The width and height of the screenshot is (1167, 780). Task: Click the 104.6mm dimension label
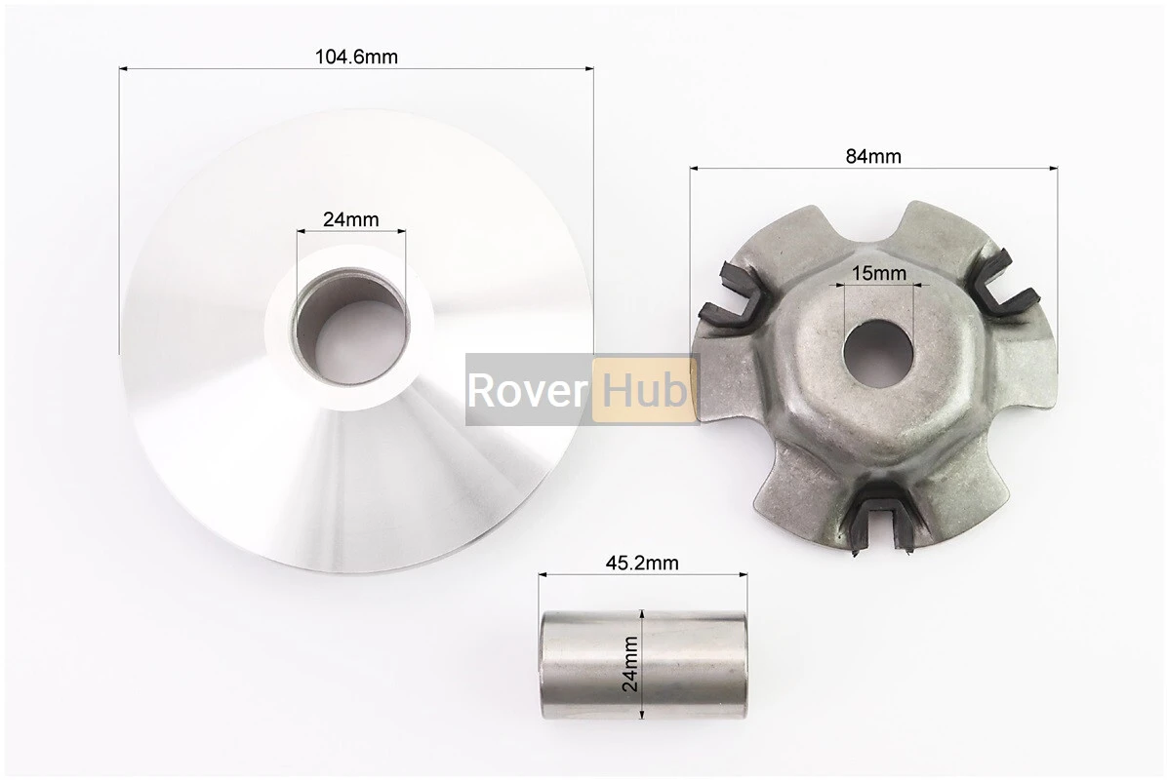point(356,57)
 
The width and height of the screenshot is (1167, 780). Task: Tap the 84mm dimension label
point(873,156)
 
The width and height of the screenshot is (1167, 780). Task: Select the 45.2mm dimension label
point(641,563)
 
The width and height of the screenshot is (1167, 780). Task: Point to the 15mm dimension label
point(879,273)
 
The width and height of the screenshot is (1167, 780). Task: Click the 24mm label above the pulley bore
point(350,219)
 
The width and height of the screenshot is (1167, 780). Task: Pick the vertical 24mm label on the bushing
point(630,664)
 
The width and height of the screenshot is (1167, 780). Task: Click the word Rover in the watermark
point(527,390)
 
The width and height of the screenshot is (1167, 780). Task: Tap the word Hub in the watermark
point(645,389)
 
